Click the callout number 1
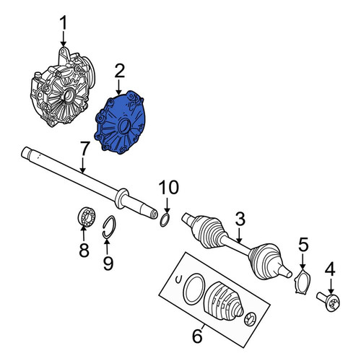[x=64, y=23]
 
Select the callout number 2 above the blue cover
[x=120, y=71]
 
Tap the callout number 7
[x=84, y=149]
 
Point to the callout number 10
[x=169, y=187]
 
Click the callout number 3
[x=240, y=219]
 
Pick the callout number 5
[x=303, y=244]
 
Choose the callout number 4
[x=330, y=270]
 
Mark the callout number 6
[x=197, y=336]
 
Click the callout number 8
[x=84, y=251]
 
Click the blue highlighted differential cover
[x=121, y=122]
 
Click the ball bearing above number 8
[x=87, y=217]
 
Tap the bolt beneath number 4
[x=329, y=302]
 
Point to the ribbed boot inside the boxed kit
[x=222, y=301]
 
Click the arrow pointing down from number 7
[x=82, y=165]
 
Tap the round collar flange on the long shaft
[x=121, y=199]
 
